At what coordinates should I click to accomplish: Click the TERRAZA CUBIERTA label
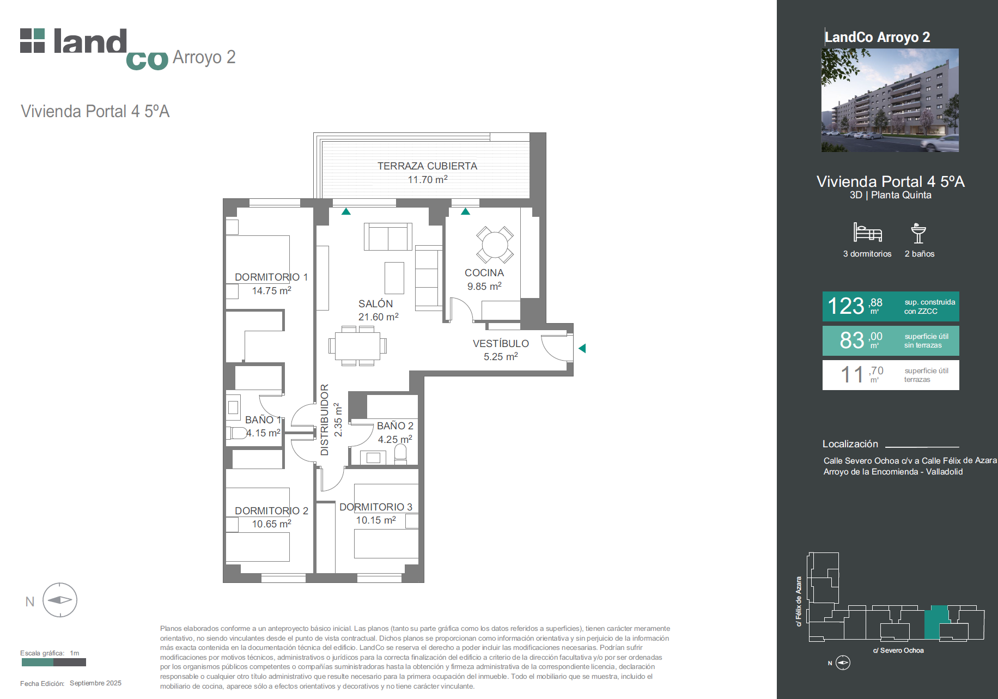427,166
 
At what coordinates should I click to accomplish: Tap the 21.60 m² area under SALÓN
378,317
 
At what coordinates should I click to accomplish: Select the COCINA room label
484,273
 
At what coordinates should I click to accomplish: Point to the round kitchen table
495,245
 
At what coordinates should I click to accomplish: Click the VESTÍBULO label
501,344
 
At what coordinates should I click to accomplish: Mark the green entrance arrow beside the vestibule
582,348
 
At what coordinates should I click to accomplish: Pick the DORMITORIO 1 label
271,277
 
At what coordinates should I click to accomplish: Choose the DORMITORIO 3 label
376,507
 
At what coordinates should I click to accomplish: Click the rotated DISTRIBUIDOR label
325,420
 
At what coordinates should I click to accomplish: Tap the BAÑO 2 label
395,426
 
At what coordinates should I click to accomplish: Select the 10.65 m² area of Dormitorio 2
271,524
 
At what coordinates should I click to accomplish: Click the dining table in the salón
357,345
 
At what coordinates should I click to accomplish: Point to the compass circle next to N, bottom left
60,600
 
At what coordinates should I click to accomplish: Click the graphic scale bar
54,662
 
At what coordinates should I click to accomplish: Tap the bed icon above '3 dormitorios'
867,232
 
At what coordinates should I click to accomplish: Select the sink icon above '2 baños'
918,233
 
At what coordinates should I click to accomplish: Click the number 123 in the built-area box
845,306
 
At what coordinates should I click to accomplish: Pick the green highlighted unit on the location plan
936,622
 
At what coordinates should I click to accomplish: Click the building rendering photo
890,100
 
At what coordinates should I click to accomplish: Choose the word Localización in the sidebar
850,444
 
